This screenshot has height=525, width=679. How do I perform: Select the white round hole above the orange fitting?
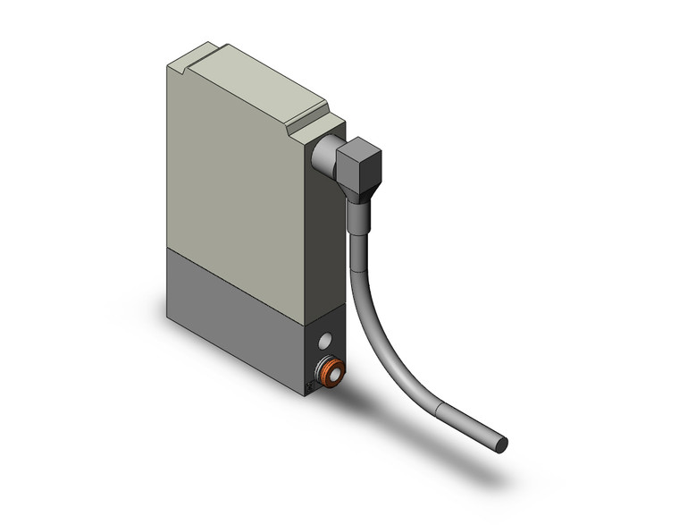click(x=325, y=340)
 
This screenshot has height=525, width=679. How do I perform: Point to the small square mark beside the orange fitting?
click(x=310, y=386)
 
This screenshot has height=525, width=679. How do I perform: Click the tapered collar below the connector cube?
click(x=357, y=215)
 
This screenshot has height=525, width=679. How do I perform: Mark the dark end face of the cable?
click(x=503, y=444)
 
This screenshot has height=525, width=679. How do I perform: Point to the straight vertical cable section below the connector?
click(x=356, y=259)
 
